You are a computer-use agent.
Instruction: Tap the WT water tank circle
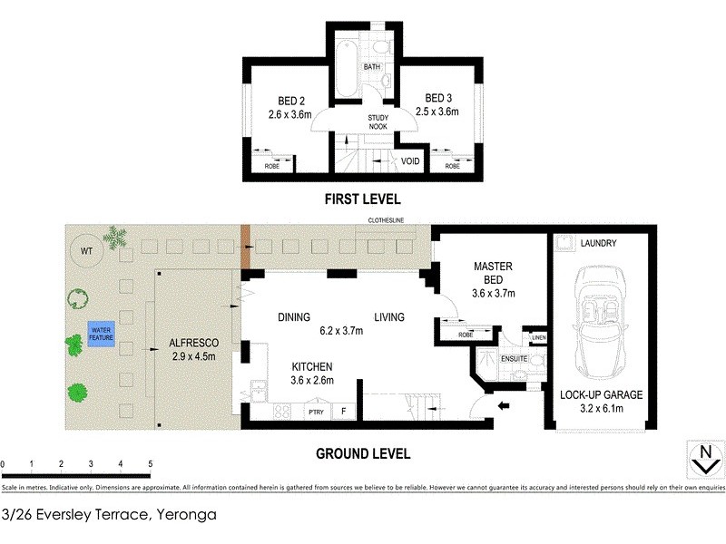point(86,250)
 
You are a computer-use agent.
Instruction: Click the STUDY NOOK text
point(378,122)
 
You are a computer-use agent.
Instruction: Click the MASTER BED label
point(494,273)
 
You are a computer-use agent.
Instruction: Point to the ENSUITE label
point(514,359)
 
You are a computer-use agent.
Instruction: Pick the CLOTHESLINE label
point(385,220)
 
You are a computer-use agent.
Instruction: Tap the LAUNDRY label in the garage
point(599,243)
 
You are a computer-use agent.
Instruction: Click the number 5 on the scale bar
point(150,463)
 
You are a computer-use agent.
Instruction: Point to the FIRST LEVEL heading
point(362,199)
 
